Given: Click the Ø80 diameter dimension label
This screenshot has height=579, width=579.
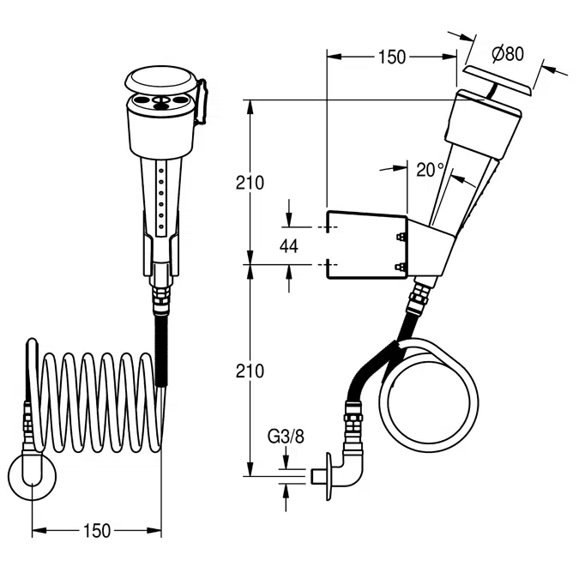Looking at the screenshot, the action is [x=508, y=54].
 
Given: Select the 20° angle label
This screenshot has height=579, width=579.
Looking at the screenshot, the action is [x=431, y=170].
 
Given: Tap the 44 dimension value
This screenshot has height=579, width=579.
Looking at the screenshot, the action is [x=289, y=246].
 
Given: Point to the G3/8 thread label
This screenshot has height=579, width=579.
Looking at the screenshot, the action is [x=286, y=437].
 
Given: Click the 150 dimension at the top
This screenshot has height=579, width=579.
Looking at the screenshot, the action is [x=392, y=57].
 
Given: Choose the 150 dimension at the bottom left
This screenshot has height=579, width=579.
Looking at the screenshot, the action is [x=97, y=531].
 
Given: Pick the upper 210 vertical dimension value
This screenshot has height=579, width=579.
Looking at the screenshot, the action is [x=250, y=183].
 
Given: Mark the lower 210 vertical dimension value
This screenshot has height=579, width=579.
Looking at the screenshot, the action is [x=250, y=371].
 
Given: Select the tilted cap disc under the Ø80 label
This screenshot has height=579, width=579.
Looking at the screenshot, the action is [x=498, y=80].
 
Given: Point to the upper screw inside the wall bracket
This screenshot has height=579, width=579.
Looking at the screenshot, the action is [x=400, y=237].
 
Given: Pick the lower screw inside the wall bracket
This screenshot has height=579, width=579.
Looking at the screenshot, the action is [x=400, y=267].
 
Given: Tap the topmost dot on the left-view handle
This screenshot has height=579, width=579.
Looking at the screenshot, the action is [x=161, y=171].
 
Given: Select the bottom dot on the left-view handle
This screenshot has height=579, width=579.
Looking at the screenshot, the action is [x=161, y=226].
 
